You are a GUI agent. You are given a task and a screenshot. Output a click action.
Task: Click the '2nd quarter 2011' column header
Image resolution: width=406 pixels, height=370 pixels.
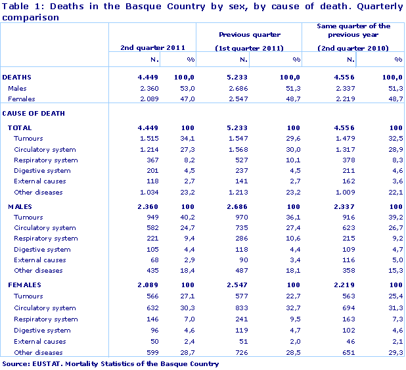coord(152,48)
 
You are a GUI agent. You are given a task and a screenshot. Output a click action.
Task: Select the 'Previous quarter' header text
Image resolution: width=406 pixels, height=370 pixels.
coord(249,34)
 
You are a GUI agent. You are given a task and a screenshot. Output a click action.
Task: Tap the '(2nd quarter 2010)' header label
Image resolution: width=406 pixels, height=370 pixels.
coord(353,48)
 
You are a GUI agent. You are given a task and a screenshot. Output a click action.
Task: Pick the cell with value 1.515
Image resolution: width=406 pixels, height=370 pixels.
coord(151,139)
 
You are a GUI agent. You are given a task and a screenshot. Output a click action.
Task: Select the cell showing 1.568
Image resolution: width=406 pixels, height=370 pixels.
coord(237,150)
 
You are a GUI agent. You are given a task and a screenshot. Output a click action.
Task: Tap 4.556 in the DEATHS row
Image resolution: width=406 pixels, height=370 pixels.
coord(344,78)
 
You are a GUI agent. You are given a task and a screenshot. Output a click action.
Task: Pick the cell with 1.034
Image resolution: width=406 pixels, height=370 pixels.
coord(151,193)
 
